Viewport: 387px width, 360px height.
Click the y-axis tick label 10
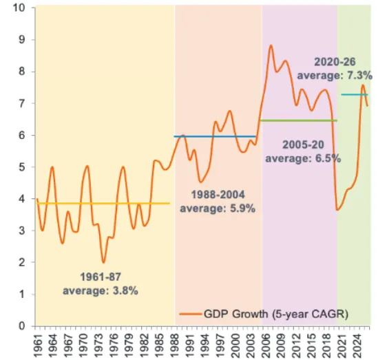click(19, 8)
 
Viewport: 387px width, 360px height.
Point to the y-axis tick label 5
click(22, 167)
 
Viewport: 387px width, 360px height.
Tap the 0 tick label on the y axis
click(22, 326)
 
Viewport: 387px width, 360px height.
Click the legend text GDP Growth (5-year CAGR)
click(275, 315)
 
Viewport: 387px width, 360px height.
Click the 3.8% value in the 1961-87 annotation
click(125, 291)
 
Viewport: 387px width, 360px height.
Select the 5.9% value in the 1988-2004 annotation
click(242, 209)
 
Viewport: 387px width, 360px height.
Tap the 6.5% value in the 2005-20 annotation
click(328, 158)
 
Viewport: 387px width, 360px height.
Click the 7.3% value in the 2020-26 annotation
click(359, 75)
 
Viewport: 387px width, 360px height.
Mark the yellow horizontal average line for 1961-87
click(103, 203)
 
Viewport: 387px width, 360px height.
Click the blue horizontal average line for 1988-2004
click(215, 136)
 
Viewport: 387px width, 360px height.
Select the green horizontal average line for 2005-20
click(298, 120)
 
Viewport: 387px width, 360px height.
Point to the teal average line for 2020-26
click(355, 94)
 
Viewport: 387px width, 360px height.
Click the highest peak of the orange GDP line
click(271, 45)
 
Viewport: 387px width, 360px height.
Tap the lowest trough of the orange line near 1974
click(103, 262)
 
